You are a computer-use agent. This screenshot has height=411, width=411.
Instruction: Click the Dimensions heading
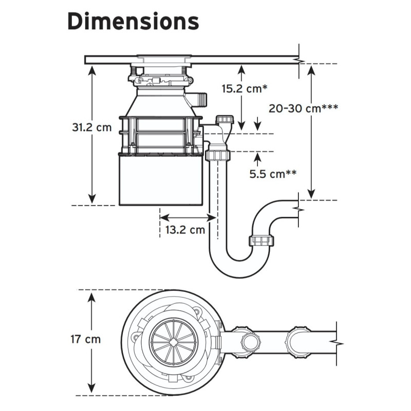(x=133, y=22)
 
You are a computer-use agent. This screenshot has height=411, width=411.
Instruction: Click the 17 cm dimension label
(x=86, y=339)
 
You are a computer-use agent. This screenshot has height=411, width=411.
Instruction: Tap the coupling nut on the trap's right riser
(x=263, y=240)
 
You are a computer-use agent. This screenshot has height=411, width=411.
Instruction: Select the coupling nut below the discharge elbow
(x=217, y=155)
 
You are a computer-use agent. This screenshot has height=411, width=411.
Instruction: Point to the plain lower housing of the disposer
(x=159, y=180)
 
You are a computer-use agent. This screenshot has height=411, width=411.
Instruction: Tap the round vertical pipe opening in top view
(x=251, y=341)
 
